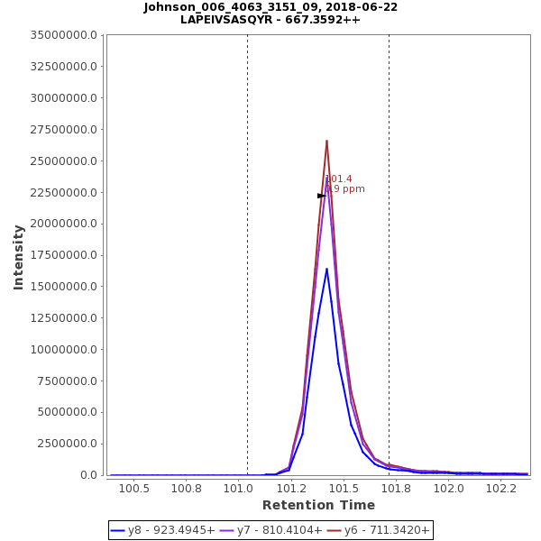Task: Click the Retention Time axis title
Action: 318,506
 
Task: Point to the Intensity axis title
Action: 18,257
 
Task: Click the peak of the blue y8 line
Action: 326,268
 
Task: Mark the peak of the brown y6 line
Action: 326,141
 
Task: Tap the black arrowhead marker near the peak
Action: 321,196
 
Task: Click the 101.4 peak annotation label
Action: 339,179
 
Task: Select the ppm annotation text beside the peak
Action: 346,189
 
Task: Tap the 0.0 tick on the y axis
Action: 88,475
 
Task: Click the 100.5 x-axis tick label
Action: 134,489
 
